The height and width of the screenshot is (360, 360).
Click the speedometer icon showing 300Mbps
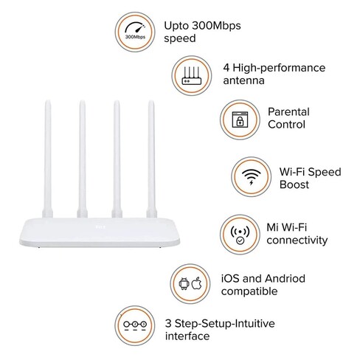135,31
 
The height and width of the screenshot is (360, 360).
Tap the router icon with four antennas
192,75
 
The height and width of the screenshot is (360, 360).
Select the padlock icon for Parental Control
240,120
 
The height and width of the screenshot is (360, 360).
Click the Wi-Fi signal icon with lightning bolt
251,176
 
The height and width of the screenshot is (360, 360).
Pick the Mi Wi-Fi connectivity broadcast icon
240,235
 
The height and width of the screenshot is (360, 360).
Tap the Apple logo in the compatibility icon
197,283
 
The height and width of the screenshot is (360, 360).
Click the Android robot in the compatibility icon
184,284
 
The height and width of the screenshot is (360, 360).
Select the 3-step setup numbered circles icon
135,325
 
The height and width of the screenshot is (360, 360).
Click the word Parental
288,112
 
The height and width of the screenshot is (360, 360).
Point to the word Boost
294,184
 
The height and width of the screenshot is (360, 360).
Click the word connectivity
297,240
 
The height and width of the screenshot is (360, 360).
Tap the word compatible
249,291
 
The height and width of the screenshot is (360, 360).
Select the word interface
187,336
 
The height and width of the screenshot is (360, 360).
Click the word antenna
243,80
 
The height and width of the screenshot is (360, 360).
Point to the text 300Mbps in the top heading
216,26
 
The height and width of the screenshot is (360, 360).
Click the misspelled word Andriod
285,279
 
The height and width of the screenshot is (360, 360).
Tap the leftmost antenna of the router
47,159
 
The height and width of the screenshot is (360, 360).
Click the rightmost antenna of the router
151,159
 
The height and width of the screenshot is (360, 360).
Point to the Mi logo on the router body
100,226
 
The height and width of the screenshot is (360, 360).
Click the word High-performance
279,68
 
